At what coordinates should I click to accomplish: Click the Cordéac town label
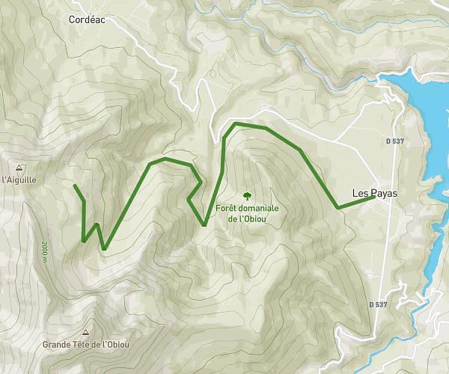(86, 20)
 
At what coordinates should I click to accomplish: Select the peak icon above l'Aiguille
(19, 168)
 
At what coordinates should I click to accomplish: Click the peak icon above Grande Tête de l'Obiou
(86, 332)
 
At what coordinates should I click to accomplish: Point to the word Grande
(57, 344)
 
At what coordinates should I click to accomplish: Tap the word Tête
(84, 344)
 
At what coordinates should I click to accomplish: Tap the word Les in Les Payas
(360, 193)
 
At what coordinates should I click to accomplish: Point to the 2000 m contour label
(45, 253)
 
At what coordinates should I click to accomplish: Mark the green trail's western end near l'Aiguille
(75, 184)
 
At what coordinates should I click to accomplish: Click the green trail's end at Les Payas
(373, 197)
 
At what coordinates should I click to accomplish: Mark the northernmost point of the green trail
(236, 123)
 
